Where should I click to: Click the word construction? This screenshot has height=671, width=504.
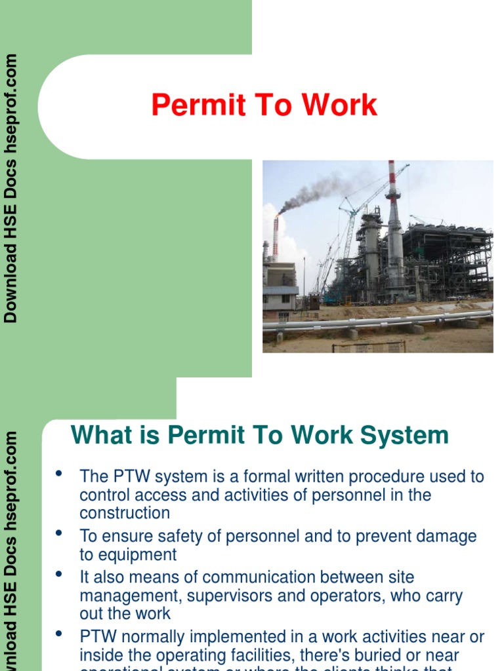[x=125, y=513]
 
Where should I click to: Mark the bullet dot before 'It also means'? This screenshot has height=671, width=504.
[x=60, y=575]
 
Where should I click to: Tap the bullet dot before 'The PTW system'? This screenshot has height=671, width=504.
[x=60, y=474]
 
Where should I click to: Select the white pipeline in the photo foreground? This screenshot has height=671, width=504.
[x=367, y=322]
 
